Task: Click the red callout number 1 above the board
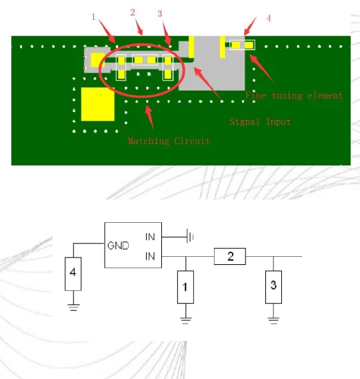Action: (x=94, y=17)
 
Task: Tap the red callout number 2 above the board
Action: (x=133, y=12)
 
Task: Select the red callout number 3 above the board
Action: (x=159, y=13)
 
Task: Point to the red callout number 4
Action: (x=269, y=18)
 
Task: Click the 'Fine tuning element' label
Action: (x=293, y=95)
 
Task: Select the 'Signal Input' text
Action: (x=260, y=122)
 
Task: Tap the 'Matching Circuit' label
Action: (x=169, y=141)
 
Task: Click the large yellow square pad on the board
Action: (x=98, y=103)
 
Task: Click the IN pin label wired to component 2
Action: (x=150, y=256)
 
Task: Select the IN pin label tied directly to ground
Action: (x=150, y=236)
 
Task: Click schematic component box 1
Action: (x=185, y=287)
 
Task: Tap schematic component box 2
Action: (x=229, y=256)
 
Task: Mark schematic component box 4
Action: (x=74, y=274)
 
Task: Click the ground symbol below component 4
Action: (x=74, y=307)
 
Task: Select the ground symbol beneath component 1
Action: (x=185, y=320)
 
